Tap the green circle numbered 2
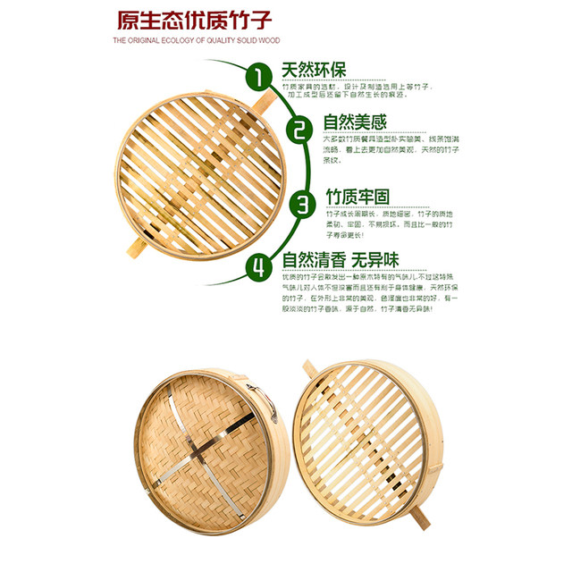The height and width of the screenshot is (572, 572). coord(300,130)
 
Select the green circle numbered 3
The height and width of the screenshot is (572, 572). coord(303,202)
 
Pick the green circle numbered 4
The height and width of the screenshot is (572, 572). coord(258,265)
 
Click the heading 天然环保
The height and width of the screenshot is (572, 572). coord(313,70)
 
